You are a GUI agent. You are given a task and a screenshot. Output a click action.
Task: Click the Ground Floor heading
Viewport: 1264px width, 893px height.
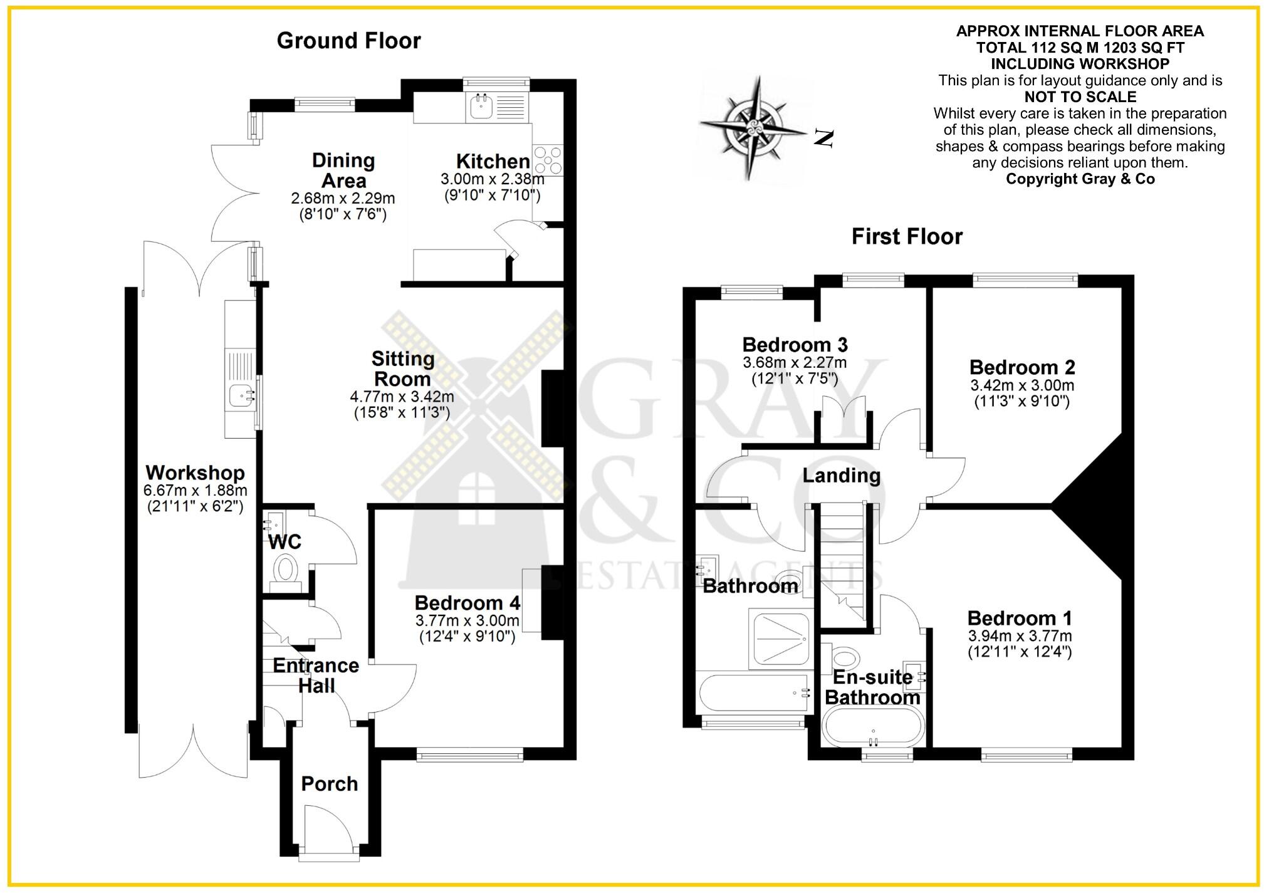pos(348,41)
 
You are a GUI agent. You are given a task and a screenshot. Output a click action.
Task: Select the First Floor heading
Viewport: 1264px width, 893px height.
pos(906,236)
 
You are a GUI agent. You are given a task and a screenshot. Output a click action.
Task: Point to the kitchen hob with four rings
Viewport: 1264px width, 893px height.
pos(547,159)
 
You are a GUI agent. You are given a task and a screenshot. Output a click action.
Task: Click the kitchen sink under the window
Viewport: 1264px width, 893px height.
pos(481,107)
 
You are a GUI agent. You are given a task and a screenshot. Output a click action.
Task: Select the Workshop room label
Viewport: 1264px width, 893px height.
pos(195,473)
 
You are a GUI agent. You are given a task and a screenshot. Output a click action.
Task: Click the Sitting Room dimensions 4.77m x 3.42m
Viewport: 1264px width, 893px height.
pos(402,397)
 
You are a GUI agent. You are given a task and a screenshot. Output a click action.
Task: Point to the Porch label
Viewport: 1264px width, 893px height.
pos(329,783)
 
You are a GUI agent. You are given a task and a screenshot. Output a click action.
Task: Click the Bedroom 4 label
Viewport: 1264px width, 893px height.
pos(467,603)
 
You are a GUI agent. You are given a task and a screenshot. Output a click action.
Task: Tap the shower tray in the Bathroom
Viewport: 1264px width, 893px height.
pos(781,638)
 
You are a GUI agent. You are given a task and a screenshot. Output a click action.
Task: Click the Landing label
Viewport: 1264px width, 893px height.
pos(841,476)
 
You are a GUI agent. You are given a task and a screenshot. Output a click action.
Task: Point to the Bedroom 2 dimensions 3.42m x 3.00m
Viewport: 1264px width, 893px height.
pos(1021,385)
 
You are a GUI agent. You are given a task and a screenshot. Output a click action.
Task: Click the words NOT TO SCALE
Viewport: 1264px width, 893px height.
pos(1080,97)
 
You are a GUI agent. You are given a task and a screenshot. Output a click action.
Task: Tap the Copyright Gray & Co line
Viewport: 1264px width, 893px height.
pos(1080,179)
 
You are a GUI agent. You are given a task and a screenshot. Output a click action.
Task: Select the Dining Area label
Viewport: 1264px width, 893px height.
pos(343,170)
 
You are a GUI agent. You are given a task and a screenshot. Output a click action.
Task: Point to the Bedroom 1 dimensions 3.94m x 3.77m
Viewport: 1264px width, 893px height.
pos(1020,636)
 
